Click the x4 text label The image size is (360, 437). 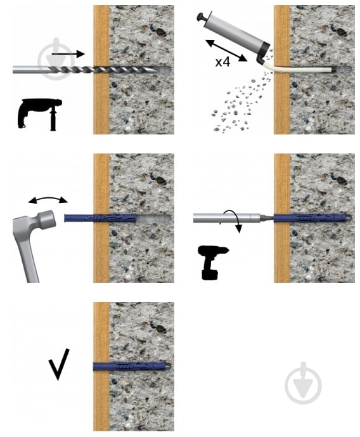click(x=222, y=62)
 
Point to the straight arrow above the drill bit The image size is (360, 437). click(x=68, y=54)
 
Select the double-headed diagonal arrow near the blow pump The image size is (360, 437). click(x=226, y=51)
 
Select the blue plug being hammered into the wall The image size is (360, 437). click(x=100, y=218)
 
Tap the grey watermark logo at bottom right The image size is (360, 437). click(x=303, y=383)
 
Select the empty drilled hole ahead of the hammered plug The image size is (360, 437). click(x=153, y=218)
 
